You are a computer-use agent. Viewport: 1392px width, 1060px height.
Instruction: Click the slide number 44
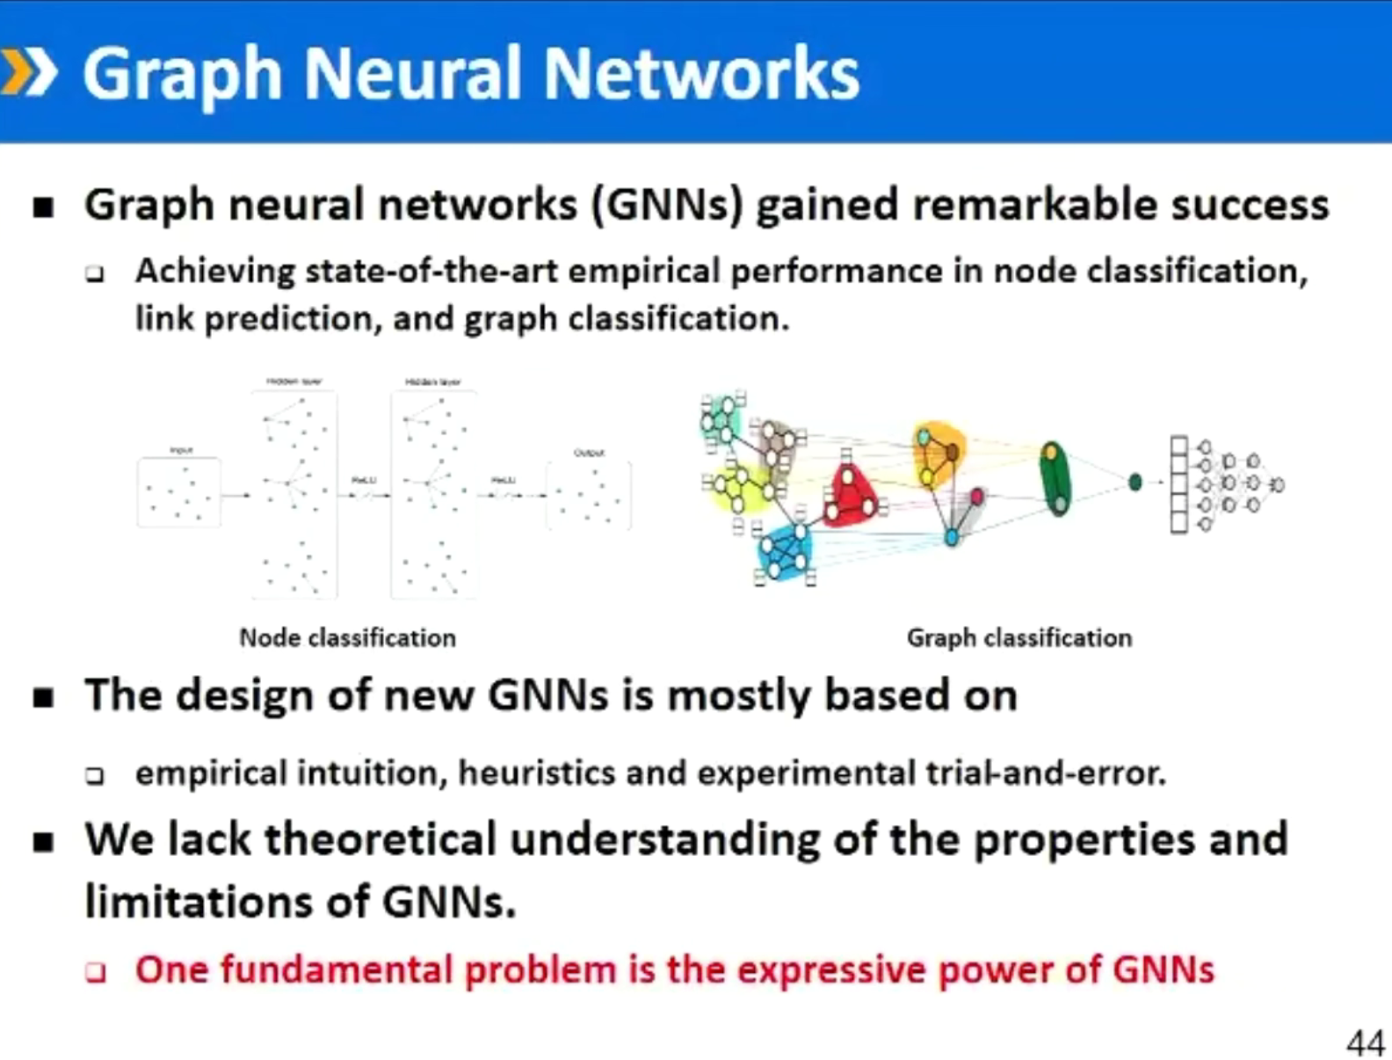pos(1365,1043)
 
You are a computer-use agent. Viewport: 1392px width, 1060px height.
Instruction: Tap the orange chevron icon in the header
pos(28,72)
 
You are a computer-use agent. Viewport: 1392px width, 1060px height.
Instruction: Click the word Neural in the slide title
pos(413,74)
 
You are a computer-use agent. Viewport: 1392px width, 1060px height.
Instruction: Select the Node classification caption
pos(347,637)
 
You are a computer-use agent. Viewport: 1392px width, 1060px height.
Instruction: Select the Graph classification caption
pos(1019,637)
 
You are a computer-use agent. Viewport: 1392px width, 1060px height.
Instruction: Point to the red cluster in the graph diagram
pos(849,497)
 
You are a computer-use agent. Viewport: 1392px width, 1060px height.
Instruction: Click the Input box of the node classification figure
pos(179,492)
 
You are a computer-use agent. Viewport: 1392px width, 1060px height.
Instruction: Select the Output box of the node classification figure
pos(588,494)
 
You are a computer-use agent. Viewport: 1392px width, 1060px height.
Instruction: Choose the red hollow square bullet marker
pos(95,972)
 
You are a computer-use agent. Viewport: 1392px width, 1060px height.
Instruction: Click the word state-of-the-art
pos(431,272)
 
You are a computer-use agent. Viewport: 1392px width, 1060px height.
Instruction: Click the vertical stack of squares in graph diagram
pos(1178,484)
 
